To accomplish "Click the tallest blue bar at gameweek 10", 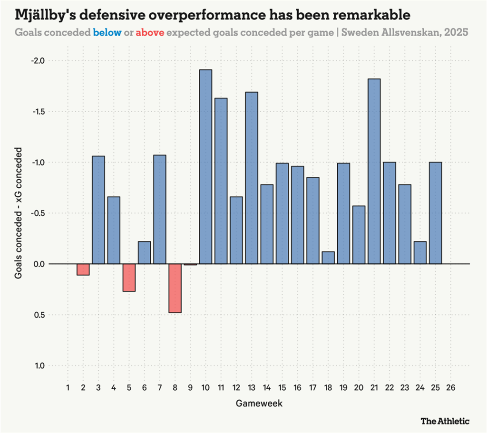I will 205,166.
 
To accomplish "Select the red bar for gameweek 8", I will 175,288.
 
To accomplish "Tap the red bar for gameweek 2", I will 83,269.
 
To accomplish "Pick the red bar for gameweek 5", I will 129,278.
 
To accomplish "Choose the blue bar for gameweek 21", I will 374,171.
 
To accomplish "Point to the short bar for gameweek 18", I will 328,258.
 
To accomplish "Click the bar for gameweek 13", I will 252,178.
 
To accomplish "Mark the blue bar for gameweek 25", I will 436,213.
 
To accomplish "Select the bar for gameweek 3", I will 98,210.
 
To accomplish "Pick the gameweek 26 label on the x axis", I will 451,388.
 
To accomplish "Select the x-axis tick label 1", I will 68,388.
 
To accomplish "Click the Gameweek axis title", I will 259,404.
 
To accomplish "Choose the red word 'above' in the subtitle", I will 150,33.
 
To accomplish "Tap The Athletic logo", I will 445,421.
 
